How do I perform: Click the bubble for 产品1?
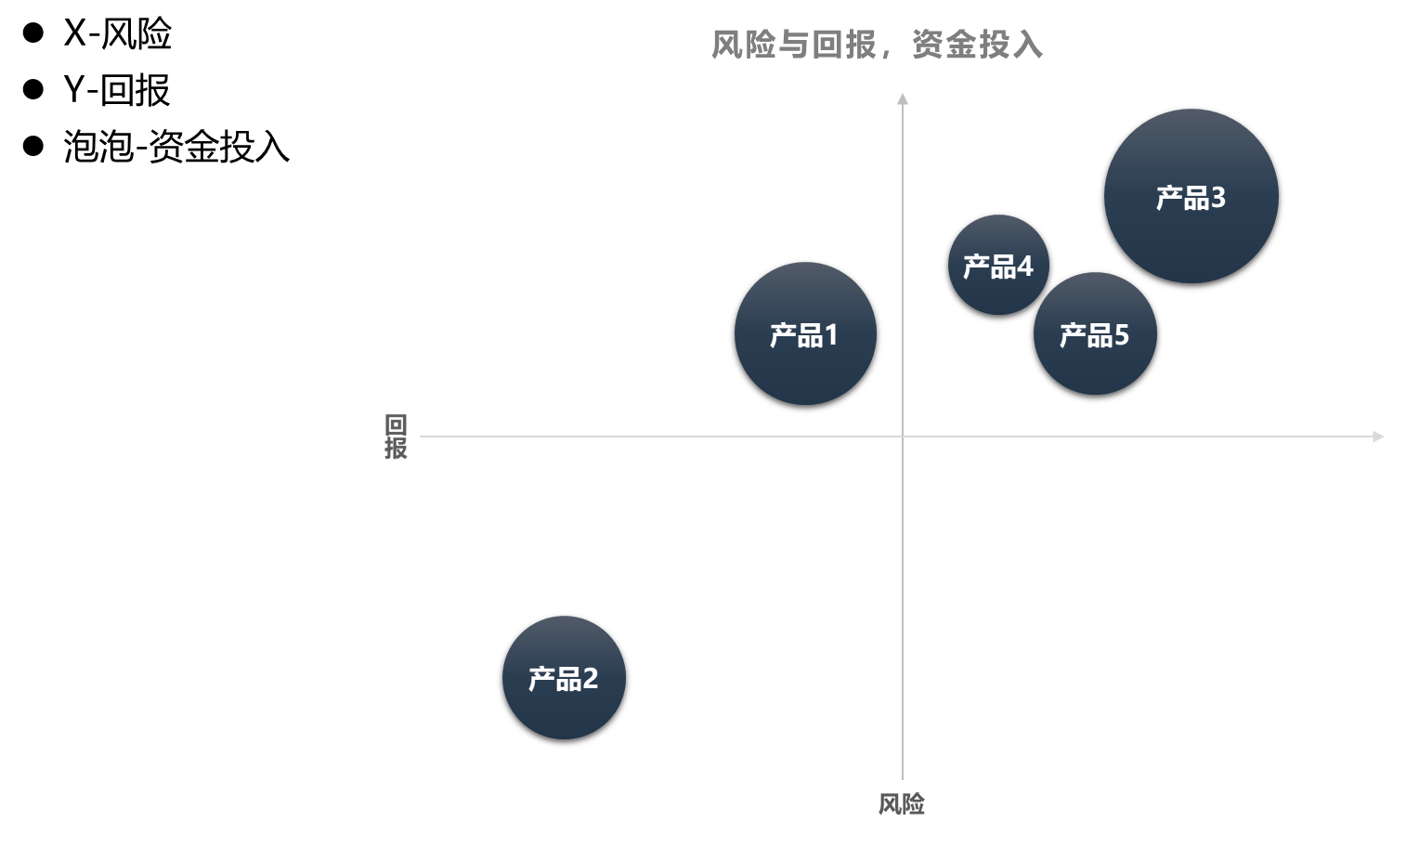pyautogui.click(x=805, y=333)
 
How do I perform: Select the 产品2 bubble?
pyautogui.click(x=564, y=678)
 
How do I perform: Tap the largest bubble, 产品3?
pyautogui.click(x=1191, y=196)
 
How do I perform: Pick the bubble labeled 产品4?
pyautogui.click(x=998, y=265)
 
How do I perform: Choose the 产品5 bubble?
pyautogui.click(x=1095, y=333)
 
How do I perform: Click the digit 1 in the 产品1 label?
pyautogui.click(x=831, y=334)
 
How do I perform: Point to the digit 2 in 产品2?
pyautogui.click(x=590, y=679)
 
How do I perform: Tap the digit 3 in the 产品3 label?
pyautogui.click(x=1217, y=198)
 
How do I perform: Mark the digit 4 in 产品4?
pyautogui.click(x=1025, y=267)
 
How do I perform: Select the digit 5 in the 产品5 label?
pyautogui.click(x=1122, y=334)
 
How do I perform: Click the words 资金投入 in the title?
pyautogui.click(x=977, y=45)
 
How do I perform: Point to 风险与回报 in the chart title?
pyautogui.click(x=793, y=45)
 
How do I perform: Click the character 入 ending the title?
pyautogui.click(x=1028, y=45)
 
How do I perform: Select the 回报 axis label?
pyautogui.click(x=396, y=437)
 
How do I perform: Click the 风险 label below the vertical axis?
pyautogui.click(x=902, y=803)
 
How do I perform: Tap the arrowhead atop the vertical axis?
pyautogui.click(x=902, y=98)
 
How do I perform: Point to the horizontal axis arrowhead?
pyautogui.click(x=1378, y=437)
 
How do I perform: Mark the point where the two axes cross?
pyautogui.click(x=902, y=436)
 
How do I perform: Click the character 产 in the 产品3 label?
pyautogui.click(x=1169, y=198)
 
